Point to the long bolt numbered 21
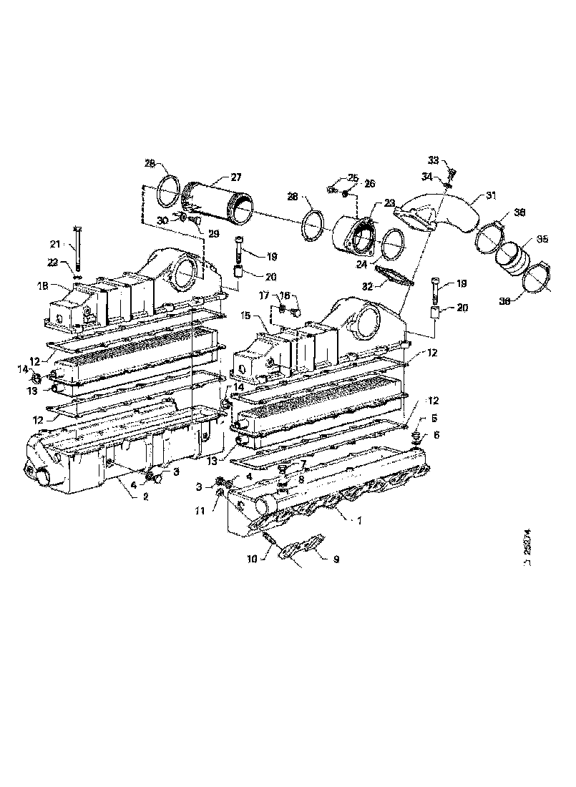coord(77,248)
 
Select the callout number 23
coord(389,202)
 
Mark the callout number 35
coord(542,240)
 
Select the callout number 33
coord(434,160)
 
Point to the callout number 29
coord(213,234)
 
